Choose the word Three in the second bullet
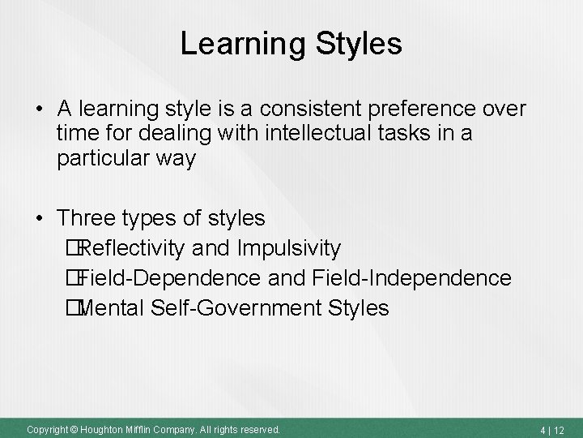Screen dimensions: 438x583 click(87, 218)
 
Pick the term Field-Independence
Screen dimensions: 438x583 click(411, 278)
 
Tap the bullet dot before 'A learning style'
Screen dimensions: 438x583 click(40, 109)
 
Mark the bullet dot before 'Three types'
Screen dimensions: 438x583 click(40, 219)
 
